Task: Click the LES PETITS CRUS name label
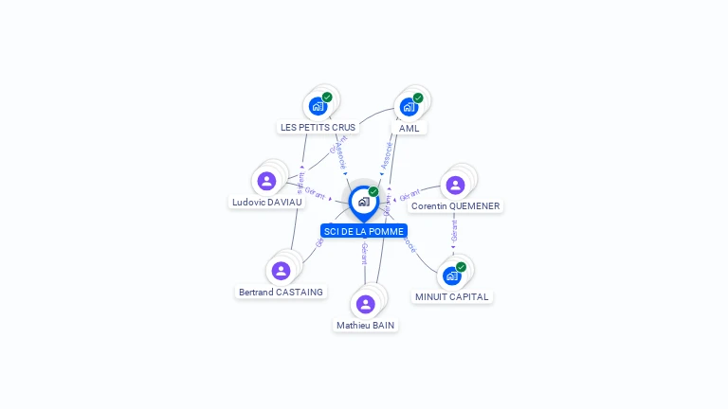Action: point(318,127)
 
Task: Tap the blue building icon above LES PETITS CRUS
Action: point(318,106)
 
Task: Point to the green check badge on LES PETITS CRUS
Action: point(327,97)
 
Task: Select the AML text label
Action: point(409,128)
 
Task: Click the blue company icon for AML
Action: point(409,106)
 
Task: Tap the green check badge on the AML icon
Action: point(418,98)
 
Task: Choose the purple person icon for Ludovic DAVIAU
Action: point(266,181)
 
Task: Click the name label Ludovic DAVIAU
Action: point(267,202)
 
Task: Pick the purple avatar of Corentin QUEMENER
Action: point(455,185)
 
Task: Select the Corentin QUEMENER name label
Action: point(455,205)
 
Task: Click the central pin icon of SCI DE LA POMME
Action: point(363,202)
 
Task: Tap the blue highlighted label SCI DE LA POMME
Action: point(364,231)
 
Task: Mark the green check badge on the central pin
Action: point(373,191)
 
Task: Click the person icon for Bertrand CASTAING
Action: point(281,271)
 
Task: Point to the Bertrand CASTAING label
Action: point(281,292)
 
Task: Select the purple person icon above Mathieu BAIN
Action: point(365,304)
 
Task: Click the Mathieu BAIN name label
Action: point(365,325)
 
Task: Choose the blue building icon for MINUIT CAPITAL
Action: point(452,276)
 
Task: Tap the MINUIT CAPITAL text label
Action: point(452,296)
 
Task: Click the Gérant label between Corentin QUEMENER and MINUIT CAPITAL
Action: point(454,232)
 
